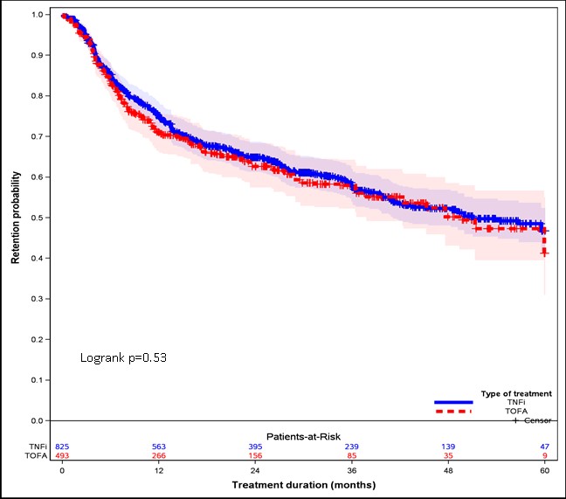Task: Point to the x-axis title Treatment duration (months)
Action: tap(302, 483)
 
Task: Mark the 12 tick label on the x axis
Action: tap(158, 469)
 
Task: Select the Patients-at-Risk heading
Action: tap(302, 434)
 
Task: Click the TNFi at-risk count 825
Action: tap(63, 446)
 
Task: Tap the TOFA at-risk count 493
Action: tap(63, 455)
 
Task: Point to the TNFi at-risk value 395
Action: tap(254, 446)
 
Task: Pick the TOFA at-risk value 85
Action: tap(350, 455)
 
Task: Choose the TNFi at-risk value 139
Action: tap(447, 446)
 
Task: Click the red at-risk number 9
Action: tap(544, 455)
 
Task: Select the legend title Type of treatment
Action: tap(515, 393)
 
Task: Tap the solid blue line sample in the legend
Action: tap(452, 403)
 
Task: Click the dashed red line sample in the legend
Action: tap(452, 411)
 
